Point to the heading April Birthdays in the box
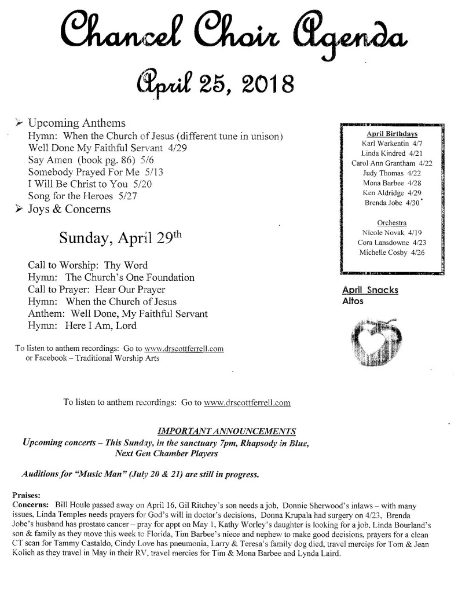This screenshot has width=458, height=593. click(391, 134)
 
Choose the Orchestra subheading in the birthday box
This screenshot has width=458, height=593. click(391, 223)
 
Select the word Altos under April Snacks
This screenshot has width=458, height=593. click(353, 301)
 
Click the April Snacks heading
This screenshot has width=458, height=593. click(370, 290)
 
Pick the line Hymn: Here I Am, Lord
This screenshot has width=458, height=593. click(82, 325)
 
